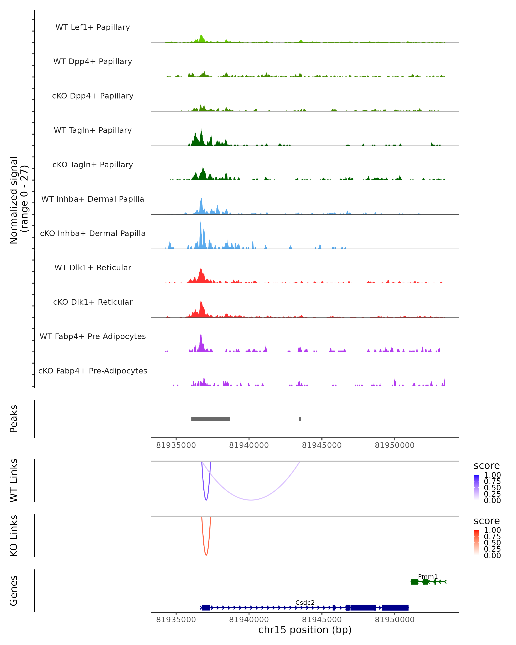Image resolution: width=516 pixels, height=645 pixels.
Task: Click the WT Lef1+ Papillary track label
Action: (x=93, y=27)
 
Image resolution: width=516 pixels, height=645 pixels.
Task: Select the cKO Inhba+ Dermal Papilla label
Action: (x=93, y=233)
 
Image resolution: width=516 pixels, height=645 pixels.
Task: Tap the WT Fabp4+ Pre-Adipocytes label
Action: (x=93, y=336)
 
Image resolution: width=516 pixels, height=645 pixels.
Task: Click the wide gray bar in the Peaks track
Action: (x=210, y=419)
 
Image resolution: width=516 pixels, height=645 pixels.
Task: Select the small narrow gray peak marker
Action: (x=300, y=419)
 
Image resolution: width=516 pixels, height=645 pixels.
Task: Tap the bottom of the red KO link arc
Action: (x=206, y=555)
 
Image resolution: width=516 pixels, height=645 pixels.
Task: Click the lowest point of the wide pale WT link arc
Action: (x=251, y=500)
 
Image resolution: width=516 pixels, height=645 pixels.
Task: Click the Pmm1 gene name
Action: (x=428, y=576)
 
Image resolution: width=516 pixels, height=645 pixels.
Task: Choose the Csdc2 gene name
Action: (x=305, y=602)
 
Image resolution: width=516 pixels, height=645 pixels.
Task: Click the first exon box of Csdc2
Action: (x=206, y=608)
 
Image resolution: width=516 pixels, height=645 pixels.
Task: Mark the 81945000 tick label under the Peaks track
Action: (x=322, y=445)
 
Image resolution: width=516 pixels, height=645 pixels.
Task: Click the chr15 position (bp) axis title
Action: (x=305, y=630)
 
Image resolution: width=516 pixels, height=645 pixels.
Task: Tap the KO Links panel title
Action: (x=14, y=536)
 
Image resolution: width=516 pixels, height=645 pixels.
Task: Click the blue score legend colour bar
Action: (x=476, y=487)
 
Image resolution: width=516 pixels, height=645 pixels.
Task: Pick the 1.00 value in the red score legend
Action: (x=492, y=530)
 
